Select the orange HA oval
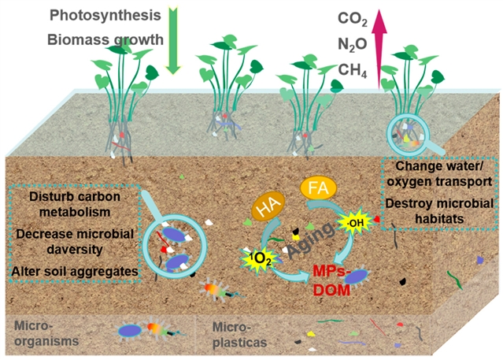click(x=265, y=210)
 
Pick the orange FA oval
click(x=319, y=189)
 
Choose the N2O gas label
click(x=352, y=46)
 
